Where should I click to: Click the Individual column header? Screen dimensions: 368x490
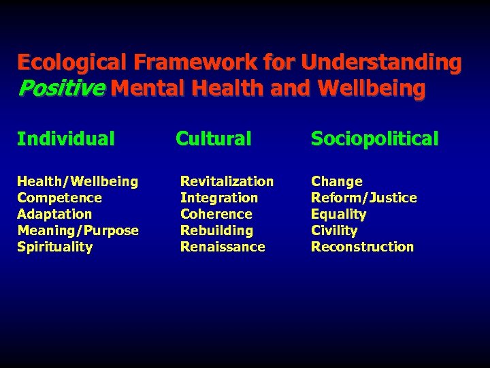point(66,139)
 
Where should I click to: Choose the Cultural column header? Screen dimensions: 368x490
point(214,139)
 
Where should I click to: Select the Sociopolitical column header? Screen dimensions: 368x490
point(374,139)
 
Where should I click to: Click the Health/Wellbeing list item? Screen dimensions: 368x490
point(78,181)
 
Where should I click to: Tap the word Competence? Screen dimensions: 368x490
point(59,198)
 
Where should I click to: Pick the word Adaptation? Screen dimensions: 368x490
point(54,214)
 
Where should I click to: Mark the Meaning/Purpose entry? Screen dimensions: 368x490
point(78,230)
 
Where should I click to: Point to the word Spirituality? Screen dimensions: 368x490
point(54,247)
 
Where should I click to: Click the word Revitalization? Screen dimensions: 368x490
point(227,181)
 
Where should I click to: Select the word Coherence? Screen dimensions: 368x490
point(216,214)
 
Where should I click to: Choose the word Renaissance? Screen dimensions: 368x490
point(223,247)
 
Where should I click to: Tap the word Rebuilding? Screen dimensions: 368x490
point(216,230)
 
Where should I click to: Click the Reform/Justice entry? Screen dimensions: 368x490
point(363,198)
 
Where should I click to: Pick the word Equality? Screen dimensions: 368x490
point(338,214)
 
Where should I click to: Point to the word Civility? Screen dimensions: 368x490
point(333,230)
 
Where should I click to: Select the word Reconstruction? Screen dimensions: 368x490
point(362,247)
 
